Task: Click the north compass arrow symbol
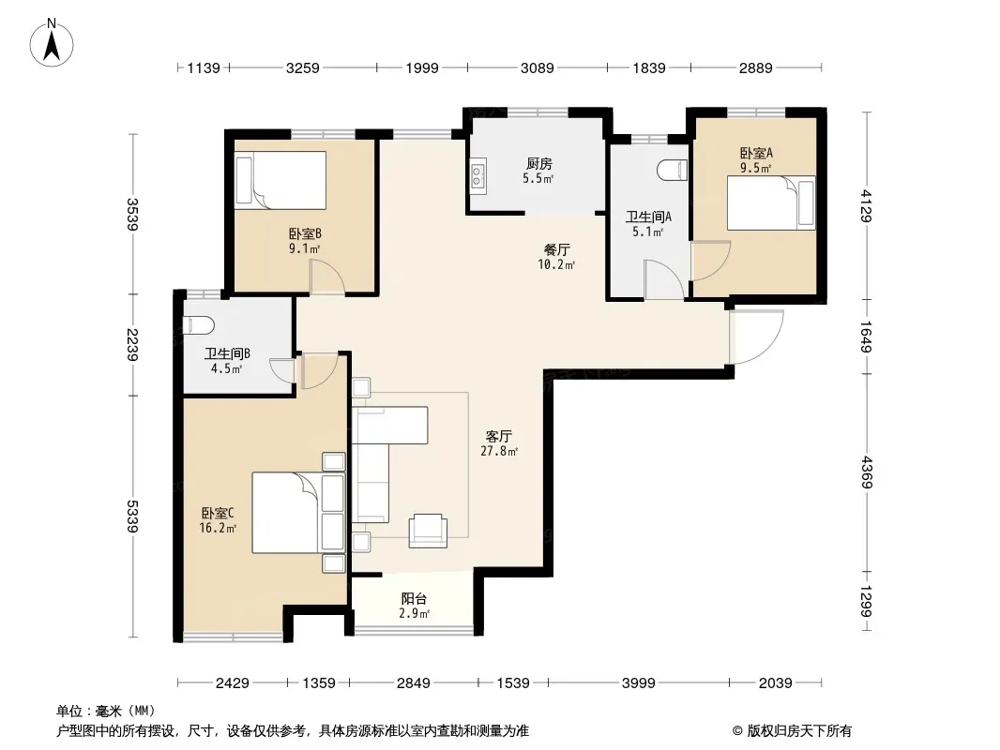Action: click(x=52, y=42)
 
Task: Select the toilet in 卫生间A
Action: click(x=673, y=170)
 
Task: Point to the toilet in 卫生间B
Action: click(x=198, y=325)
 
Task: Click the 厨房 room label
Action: click(x=538, y=164)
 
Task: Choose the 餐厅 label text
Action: click(x=557, y=249)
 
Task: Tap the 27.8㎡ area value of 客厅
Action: click(x=499, y=451)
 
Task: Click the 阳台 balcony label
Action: click(x=414, y=598)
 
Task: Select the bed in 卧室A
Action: click(x=771, y=202)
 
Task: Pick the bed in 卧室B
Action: click(x=280, y=180)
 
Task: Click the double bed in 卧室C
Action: click(x=298, y=512)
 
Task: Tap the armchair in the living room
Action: click(x=428, y=531)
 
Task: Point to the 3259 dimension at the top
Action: click(x=302, y=67)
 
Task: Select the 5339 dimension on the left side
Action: click(x=132, y=517)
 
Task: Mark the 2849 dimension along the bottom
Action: click(x=414, y=683)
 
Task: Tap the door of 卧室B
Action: click(x=326, y=277)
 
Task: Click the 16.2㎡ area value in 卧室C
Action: click(x=219, y=528)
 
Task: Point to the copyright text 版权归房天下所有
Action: click(x=799, y=731)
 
